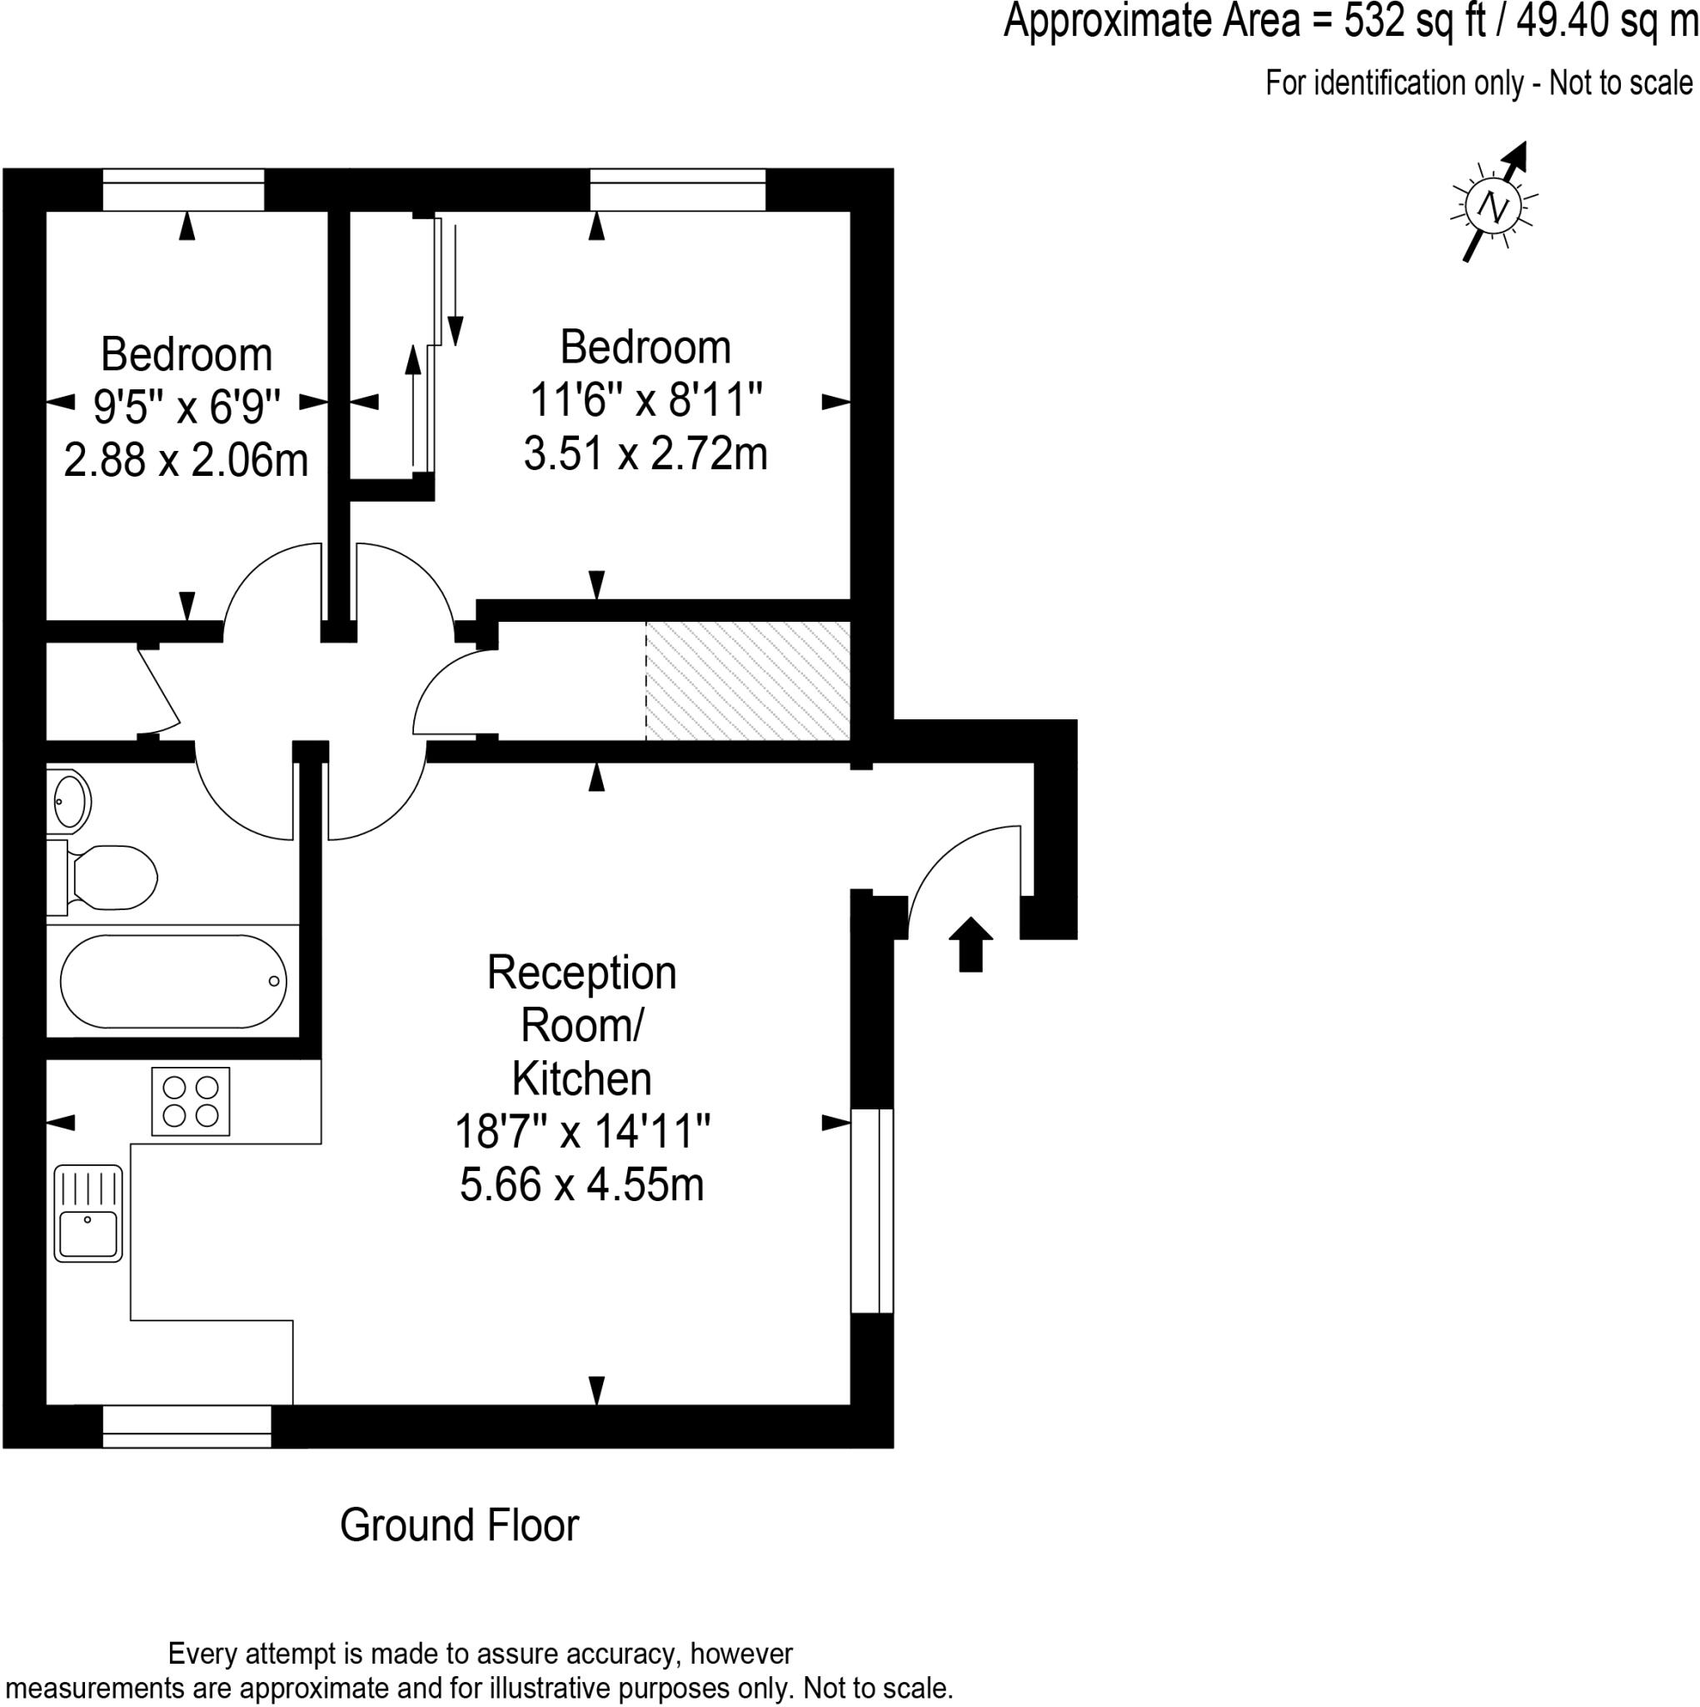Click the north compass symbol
(x=1493, y=207)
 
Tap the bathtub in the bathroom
(x=174, y=981)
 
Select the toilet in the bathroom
(x=111, y=878)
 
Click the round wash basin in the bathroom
(x=69, y=800)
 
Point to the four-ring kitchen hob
(x=191, y=1101)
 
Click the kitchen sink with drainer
(x=88, y=1212)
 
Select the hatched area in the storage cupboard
(x=748, y=680)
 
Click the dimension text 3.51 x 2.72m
(x=646, y=454)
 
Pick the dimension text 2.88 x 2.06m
(x=187, y=461)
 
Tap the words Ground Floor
(x=459, y=1525)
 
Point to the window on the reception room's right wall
(x=871, y=1210)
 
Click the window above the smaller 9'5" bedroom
(x=184, y=189)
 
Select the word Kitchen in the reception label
(x=581, y=1079)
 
